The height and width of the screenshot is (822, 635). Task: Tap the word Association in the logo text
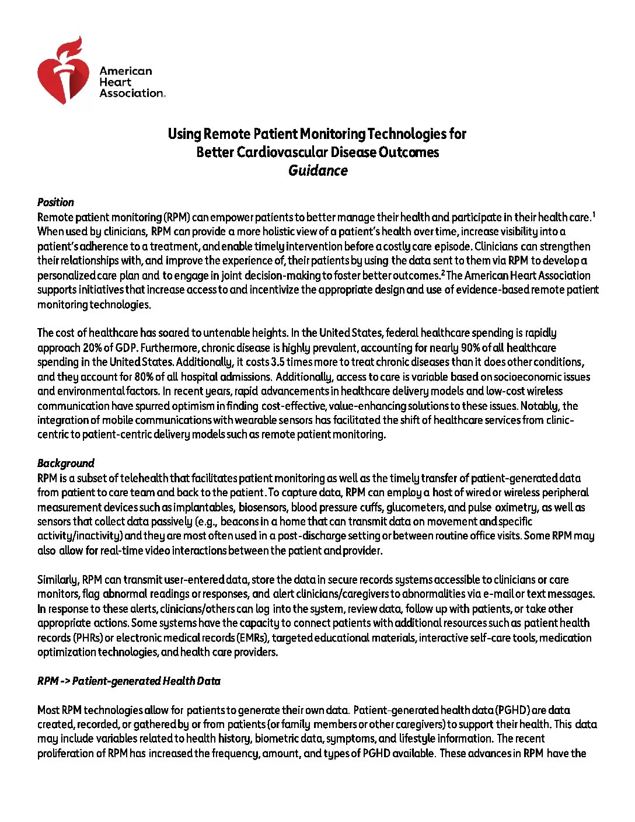[132, 93]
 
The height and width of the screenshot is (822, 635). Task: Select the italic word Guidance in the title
[317, 170]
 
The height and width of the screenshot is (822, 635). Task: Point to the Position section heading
[55, 202]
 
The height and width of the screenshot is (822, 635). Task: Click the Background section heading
[65, 463]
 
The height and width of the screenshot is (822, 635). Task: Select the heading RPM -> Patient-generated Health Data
[129, 681]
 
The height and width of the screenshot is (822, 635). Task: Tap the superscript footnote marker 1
[593, 214]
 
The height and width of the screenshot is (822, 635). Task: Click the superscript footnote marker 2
[444, 272]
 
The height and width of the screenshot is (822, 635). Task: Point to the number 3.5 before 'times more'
[278, 362]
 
